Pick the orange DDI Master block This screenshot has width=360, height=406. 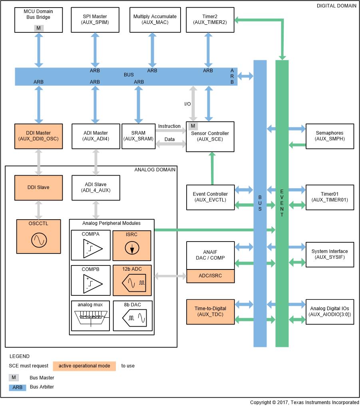tap(39, 136)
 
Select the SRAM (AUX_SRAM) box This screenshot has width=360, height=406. tap(138, 136)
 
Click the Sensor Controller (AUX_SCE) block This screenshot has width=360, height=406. tap(210, 137)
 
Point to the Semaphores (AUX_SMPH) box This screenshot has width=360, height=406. tap(329, 136)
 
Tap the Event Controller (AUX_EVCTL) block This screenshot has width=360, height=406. tap(210, 197)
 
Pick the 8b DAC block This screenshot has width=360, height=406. tap(133, 316)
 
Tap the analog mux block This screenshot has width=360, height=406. tap(90, 316)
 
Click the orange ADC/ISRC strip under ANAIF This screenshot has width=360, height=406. tap(210, 276)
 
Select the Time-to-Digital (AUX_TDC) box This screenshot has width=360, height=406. tap(210, 312)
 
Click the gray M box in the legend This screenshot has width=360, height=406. tap(14, 377)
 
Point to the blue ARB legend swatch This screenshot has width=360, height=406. tap(17, 387)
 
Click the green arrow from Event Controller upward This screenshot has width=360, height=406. tap(211, 168)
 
